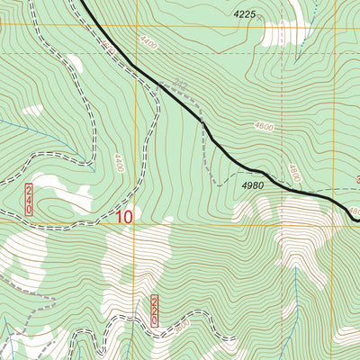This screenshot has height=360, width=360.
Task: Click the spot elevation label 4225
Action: [x=245, y=14]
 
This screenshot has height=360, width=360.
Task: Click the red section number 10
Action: [x=124, y=217]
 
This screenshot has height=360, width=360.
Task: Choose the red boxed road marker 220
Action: [x=154, y=310]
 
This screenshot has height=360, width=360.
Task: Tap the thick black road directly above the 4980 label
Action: [x=256, y=170]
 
